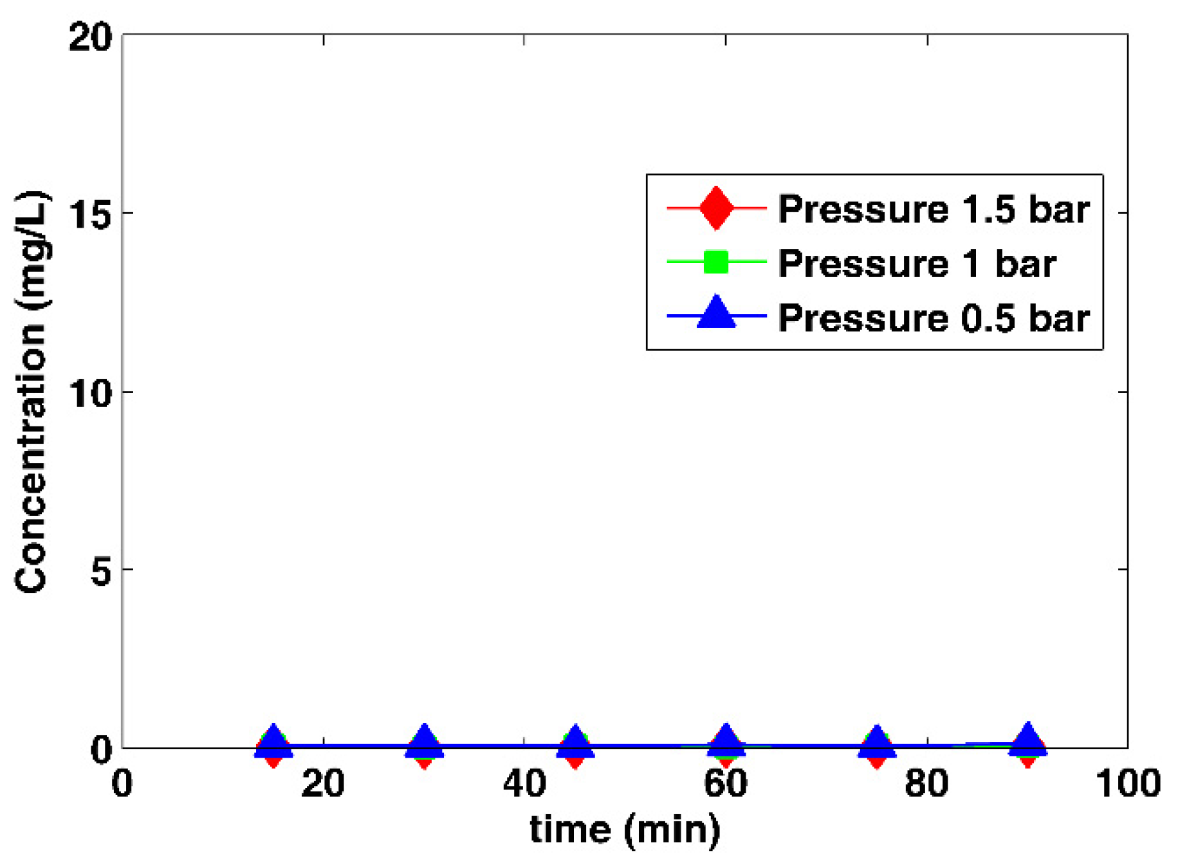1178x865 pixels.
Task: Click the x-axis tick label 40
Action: (524, 783)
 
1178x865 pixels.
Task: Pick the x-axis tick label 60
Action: (726, 783)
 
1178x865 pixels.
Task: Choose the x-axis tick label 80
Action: (927, 783)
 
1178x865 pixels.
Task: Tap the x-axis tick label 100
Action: (1128, 783)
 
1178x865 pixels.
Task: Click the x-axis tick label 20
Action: (323, 783)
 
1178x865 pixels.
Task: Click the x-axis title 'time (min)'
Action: (625, 830)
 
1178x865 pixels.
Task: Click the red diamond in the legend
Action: (716, 208)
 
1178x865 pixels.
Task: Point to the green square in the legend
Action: (716, 262)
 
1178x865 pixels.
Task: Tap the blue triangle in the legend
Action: (716, 314)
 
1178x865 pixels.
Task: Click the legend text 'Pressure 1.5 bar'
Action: (934, 209)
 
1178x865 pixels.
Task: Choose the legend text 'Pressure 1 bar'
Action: (917, 263)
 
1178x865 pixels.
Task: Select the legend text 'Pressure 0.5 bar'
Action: (934, 318)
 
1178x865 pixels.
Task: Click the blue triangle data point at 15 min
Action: (273, 742)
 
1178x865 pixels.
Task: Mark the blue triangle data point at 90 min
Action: (1028, 740)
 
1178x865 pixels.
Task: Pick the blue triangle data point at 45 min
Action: (575, 742)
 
